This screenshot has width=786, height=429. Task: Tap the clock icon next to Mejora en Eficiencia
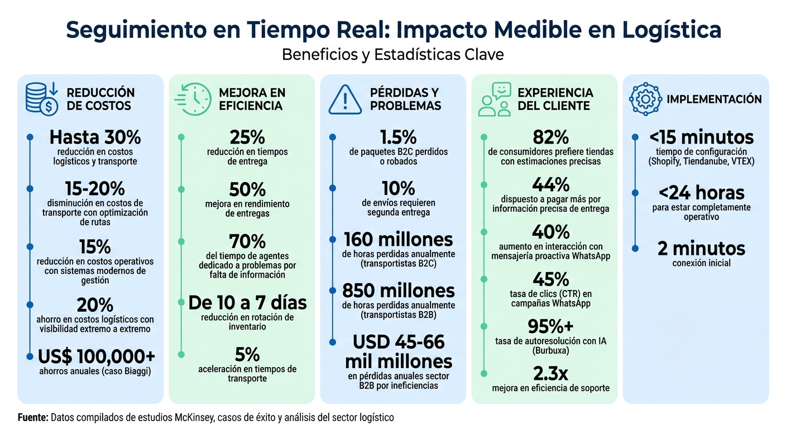tap(193, 99)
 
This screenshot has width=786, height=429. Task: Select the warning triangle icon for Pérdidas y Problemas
tap(346, 99)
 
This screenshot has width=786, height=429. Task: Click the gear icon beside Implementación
tap(645, 99)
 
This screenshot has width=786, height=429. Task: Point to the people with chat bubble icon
tap(495, 99)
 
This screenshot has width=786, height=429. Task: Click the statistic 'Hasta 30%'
tap(95, 137)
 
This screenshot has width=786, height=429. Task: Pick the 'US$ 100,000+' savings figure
tap(97, 356)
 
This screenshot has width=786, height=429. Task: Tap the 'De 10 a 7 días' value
tap(247, 303)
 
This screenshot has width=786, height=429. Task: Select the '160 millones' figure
tap(398, 240)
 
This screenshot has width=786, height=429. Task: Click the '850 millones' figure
tap(398, 290)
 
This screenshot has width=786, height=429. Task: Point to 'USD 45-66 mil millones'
tap(398, 351)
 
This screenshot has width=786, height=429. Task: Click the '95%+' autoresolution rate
tap(550, 326)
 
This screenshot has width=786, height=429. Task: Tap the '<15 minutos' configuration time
tap(701, 137)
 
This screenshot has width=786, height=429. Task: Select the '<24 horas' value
tap(701, 193)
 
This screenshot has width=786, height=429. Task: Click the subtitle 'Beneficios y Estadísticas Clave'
tap(393, 55)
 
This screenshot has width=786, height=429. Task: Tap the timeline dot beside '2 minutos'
tap(635, 248)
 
